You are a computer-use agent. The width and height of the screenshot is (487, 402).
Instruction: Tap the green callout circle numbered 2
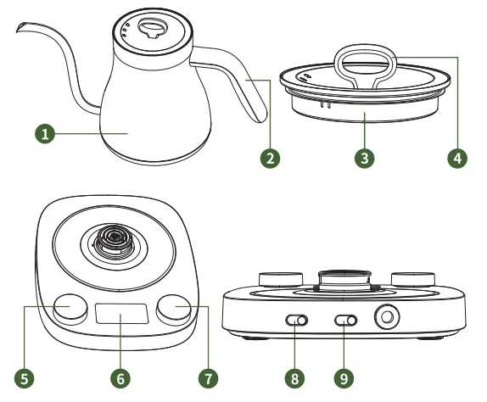[271, 158]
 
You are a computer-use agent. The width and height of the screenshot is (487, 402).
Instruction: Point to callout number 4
[457, 158]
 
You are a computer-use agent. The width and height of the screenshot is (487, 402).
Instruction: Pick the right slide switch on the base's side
[346, 321]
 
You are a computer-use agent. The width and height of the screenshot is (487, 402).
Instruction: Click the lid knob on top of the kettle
[153, 28]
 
